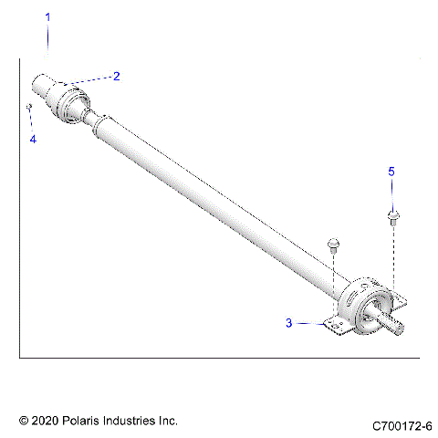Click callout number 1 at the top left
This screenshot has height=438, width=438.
[48, 17]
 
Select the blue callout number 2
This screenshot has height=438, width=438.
[117, 77]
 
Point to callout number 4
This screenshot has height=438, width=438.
[33, 140]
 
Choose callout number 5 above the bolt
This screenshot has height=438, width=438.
[392, 172]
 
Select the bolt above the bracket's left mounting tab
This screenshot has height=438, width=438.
[334, 243]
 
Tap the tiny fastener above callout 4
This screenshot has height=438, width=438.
[29, 108]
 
